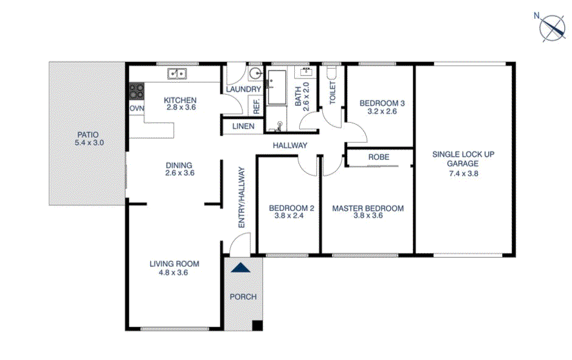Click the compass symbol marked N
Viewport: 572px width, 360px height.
coord(554,27)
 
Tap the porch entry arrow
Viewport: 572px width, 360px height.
coord(241,268)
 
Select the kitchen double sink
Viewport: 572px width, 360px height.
coord(177,74)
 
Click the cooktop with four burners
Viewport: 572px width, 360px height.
coord(136,92)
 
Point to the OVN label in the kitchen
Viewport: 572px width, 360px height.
coord(136,108)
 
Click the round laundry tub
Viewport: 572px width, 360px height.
coord(255,74)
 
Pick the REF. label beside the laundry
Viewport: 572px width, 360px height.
coord(257,106)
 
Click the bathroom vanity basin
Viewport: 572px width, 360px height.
coord(304,72)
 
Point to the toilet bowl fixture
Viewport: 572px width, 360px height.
coord(332,74)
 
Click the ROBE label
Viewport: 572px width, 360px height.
coord(379,157)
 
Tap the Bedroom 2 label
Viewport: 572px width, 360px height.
coord(291,208)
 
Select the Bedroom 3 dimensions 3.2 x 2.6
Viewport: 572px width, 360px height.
coord(382,111)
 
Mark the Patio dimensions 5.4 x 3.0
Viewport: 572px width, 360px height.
coord(88,143)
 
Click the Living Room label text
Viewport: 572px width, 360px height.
coord(174,264)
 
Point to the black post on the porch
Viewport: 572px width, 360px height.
coord(257,325)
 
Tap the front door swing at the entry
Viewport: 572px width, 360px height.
coord(239,246)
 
